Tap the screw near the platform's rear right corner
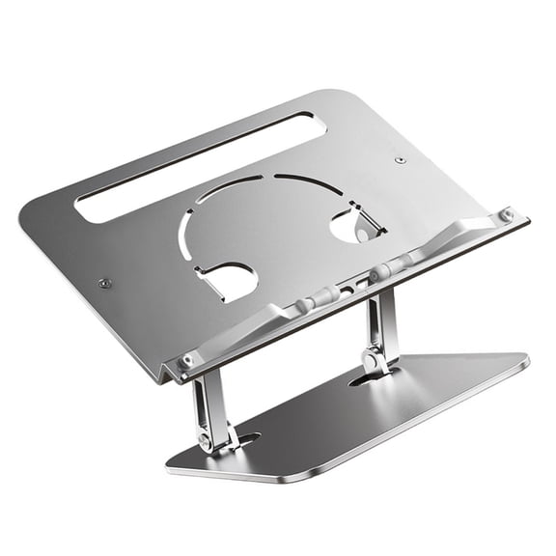click(400, 159)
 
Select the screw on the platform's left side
click(104, 283)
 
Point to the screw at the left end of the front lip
click(187, 359)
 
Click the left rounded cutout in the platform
click(230, 282)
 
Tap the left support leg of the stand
click(209, 403)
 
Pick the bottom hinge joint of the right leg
click(370, 360)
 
